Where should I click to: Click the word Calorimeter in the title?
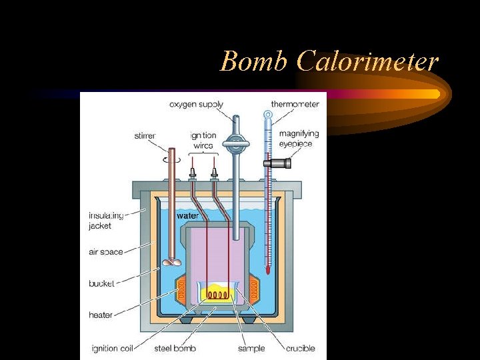click(367, 61)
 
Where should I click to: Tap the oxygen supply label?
click(196, 105)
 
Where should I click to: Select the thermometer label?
click(295, 104)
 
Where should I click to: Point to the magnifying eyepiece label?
click(299, 139)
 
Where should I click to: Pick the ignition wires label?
click(203, 141)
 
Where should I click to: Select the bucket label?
click(101, 283)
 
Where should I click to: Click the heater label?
click(100, 315)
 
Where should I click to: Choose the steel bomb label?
click(175, 348)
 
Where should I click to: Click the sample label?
click(251, 348)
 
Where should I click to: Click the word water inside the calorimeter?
click(187, 216)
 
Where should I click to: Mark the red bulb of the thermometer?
click(268, 270)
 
